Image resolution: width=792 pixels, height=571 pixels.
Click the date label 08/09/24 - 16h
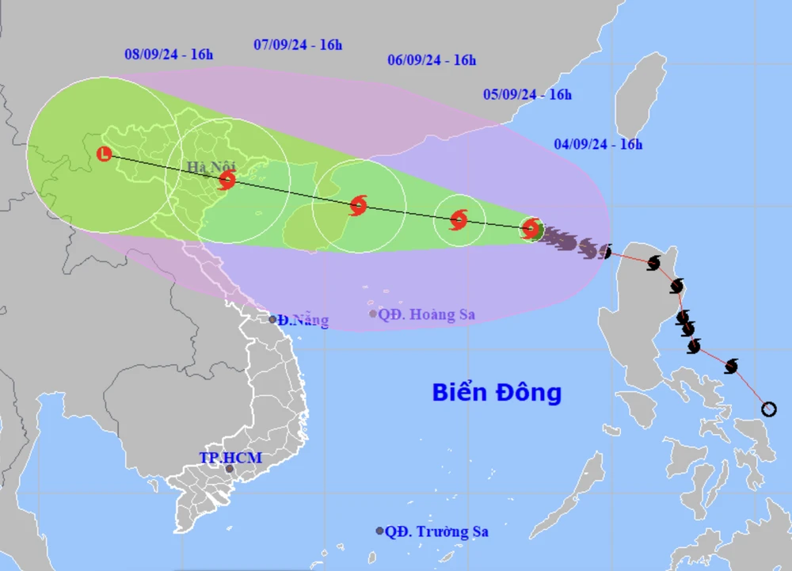169,55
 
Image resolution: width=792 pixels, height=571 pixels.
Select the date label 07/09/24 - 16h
298,44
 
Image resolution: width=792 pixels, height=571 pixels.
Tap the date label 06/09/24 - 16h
432,59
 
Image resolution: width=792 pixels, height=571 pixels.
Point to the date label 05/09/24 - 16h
527,94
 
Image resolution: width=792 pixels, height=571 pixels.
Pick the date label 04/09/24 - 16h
598,144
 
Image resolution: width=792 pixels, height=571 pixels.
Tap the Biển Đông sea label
497,392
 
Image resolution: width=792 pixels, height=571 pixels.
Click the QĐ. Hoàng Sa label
426,314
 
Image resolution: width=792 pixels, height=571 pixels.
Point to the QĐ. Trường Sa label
437,531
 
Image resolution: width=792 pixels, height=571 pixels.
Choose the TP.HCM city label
230,458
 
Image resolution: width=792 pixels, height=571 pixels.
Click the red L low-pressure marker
104,154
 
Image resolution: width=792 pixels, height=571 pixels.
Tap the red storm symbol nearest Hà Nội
227,181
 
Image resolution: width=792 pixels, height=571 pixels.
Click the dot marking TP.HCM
230,469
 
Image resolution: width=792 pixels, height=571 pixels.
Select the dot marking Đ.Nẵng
272,320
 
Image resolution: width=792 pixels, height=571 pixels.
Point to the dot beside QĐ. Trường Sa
380,531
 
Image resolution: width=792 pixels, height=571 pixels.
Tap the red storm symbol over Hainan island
358,206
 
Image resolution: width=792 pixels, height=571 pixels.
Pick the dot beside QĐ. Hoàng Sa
373,314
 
